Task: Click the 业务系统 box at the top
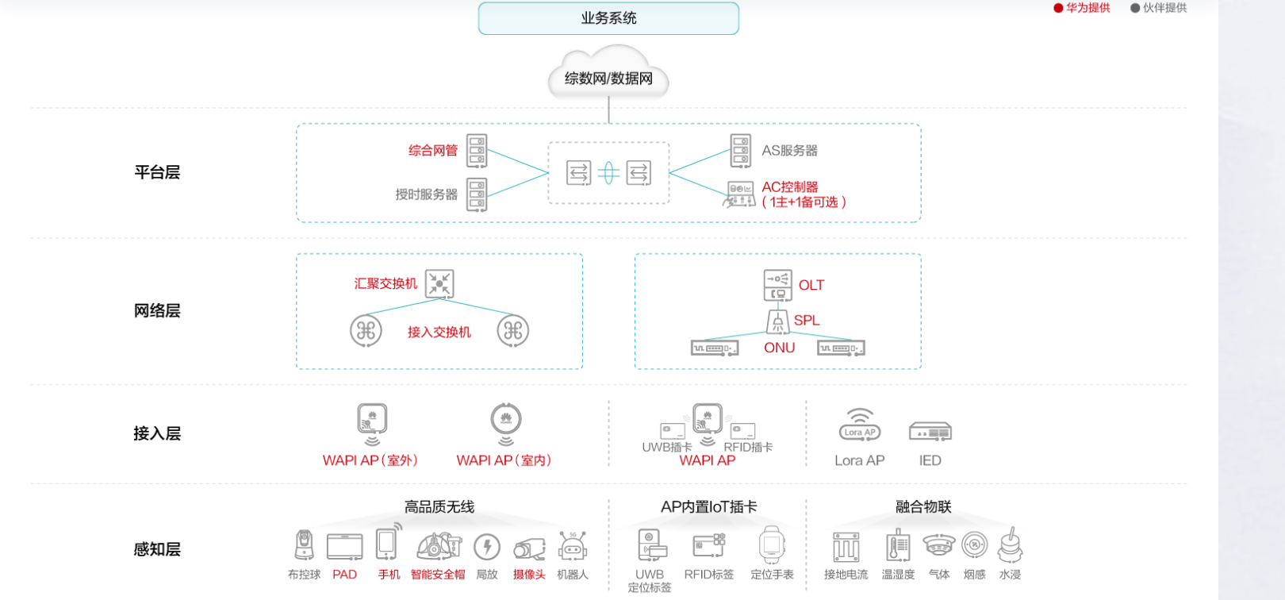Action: pyautogui.click(x=608, y=18)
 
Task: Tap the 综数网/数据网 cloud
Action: pyautogui.click(x=608, y=77)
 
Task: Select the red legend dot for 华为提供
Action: pyautogui.click(x=1058, y=8)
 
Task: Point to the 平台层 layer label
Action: pyautogui.click(x=157, y=172)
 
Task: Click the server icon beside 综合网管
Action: pyautogui.click(x=477, y=151)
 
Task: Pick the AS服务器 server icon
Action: pyautogui.click(x=740, y=151)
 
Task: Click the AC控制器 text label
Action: pyautogui.click(x=789, y=187)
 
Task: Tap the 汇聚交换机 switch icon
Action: pyautogui.click(x=439, y=283)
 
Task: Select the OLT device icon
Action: pyautogui.click(x=777, y=285)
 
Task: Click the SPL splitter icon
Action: pyautogui.click(x=777, y=321)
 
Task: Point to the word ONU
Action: pyautogui.click(x=779, y=348)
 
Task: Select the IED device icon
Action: pyautogui.click(x=930, y=433)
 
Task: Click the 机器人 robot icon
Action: pyautogui.click(x=572, y=546)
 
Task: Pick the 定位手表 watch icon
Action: pyautogui.click(x=772, y=544)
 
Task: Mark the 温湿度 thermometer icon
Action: pyautogui.click(x=898, y=546)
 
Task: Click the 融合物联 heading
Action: pyautogui.click(x=923, y=506)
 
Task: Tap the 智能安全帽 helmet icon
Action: pyautogui.click(x=438, y=546)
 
